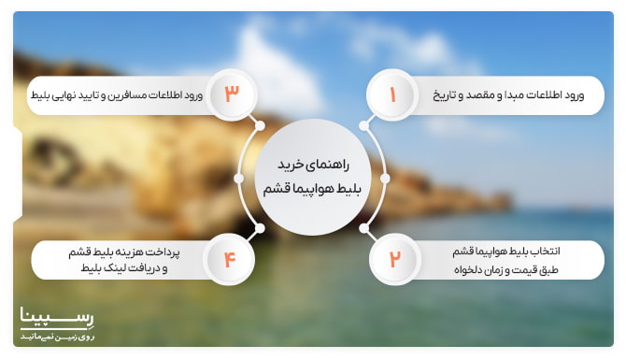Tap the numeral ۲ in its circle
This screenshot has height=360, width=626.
tap(393, 259)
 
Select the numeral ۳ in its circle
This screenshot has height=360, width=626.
tap(232, 95)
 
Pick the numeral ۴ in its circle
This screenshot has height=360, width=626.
tap(229, 259)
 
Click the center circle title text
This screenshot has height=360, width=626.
tap(312, 175)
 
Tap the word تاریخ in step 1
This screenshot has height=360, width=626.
tap(444, 95)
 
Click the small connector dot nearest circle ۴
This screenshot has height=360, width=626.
tap(259, 228)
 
